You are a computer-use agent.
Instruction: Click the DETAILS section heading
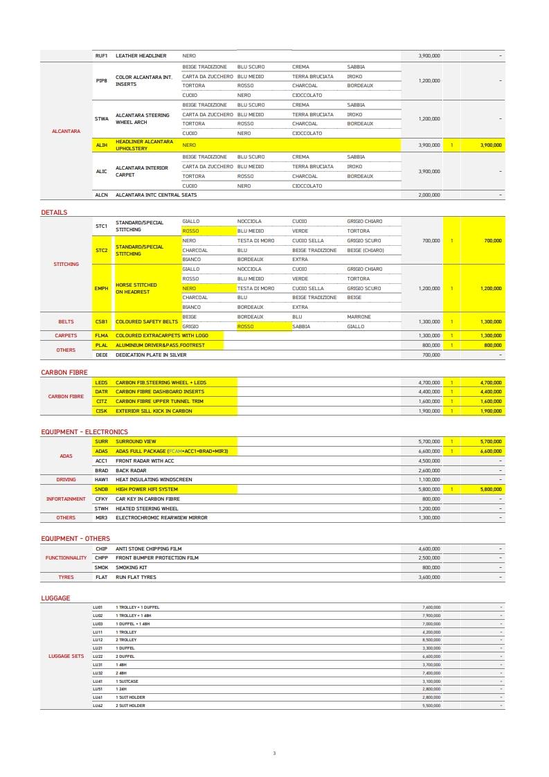click(54, 213)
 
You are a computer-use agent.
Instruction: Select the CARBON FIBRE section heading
click(64, 373)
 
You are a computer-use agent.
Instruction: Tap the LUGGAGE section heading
click(55, 598)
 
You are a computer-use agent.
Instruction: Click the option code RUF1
click(101, 55)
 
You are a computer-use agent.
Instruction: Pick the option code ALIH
click(101, 145)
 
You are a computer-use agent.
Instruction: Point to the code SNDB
click(101, 489)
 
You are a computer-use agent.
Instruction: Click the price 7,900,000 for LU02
click(431, 615)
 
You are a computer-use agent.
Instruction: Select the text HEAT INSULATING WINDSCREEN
click(154, 479)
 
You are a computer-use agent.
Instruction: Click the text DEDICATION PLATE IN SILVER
click(151, 355)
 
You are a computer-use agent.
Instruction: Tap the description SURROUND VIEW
click(136, 441)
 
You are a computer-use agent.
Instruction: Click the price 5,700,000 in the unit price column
click(429, 441)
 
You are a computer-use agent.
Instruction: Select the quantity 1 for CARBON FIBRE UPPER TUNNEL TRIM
click(452, 401)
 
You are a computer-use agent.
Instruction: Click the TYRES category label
click(66, 577)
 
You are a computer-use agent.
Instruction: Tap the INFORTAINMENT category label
click(66, 499)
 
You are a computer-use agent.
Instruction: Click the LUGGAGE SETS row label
click(66, 656)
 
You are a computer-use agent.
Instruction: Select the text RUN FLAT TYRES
click(136, 577)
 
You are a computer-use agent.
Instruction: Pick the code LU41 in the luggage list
click(98, 681)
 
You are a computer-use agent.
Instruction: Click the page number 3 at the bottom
click(274, 753)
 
